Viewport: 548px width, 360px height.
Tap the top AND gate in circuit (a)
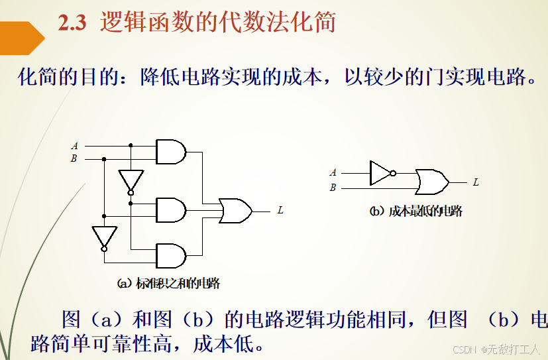point(170,152)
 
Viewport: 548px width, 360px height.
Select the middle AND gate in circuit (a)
point(170,210)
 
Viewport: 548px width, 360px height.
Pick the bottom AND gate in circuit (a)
point(170,255)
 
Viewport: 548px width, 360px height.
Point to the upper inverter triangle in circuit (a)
point(131,180)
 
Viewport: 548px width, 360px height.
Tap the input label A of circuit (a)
point(74,146)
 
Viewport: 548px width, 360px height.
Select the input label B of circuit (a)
point(74,158)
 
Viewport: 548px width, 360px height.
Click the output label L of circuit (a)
point(280,210)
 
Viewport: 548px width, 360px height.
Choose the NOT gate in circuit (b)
point(381,172)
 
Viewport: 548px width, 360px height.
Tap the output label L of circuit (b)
point(476,182)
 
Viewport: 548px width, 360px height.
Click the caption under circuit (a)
point(168,284)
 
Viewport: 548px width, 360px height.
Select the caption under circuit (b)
point(415,211)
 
